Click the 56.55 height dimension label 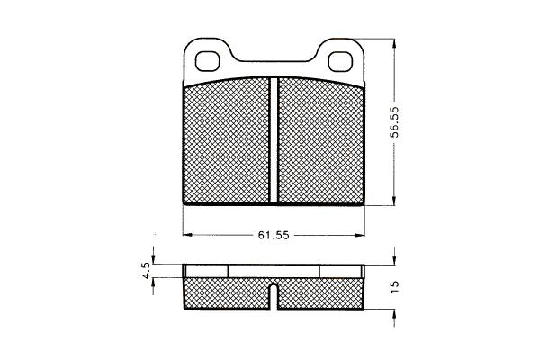click(395, 122)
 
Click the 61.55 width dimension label click(274, 235)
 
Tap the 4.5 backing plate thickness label click(147, 270)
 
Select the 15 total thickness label click(395, 286)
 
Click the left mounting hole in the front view click(207, 62)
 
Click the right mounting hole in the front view click(340, 62)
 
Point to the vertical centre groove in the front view click(274, 139)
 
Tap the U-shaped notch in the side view click(274, 295)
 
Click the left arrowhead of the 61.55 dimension click(186, 235)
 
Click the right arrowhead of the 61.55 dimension click(360, 235)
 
